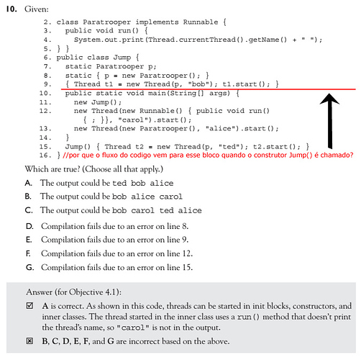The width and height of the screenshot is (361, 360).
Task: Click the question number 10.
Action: (x=12, y=9)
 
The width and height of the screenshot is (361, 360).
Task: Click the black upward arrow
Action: (x=329, y=121)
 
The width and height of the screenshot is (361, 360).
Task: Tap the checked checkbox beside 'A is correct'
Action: (x=29, y=305)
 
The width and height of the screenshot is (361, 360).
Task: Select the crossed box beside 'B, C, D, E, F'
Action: (x=29, y=341)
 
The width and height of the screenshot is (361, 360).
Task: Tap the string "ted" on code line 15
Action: (x=227, y=146)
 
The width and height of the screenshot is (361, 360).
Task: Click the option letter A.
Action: (x=29, y=183)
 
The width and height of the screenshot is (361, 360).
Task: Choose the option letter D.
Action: (x=29, y=226)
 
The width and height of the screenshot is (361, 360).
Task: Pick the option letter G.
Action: (x=29, y=267)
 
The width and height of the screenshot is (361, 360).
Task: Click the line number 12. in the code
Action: (x=45, y=111)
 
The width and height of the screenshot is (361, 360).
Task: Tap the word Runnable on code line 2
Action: (x=201, y=22)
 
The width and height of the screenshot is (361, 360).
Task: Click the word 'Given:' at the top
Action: (x=37, y=9)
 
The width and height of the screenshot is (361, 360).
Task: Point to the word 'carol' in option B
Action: (x=170, y=197)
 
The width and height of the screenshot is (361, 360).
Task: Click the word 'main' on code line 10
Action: (x=157, y=93)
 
